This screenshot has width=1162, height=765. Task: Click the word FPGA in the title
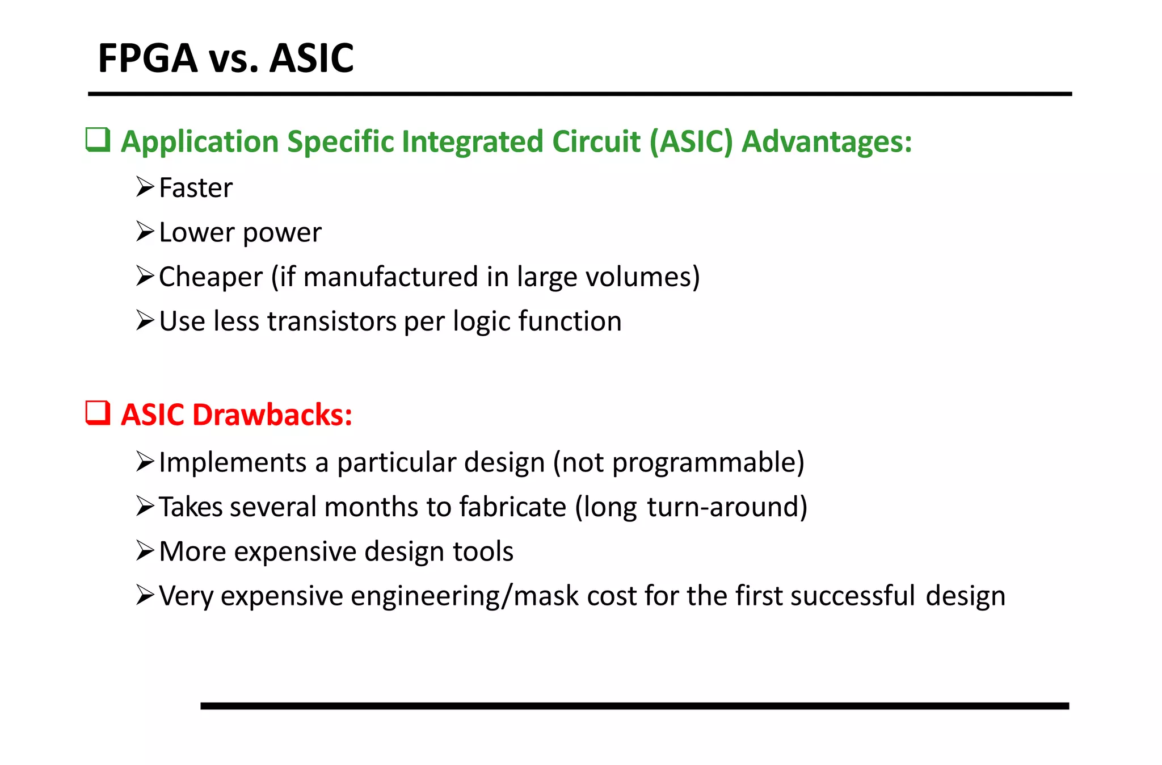point(148,58)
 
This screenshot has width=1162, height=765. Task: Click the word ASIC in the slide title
point(311,58)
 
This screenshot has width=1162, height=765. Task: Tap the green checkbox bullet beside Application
point(98,140)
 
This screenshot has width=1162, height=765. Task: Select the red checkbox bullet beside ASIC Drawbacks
point(98,413)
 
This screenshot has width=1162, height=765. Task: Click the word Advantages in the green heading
point(827,141)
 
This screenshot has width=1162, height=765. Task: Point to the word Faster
point(196,188)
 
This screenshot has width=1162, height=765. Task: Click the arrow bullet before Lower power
point(145,232)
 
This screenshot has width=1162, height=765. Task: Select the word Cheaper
point(210,277)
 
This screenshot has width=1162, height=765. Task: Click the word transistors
point(332,321)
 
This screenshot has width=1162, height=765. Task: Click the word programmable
point(707,462)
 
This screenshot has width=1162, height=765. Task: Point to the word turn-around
point(726,507)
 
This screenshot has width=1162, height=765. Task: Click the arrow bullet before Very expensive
point(145,595)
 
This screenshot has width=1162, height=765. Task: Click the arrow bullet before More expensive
point(145,551)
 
